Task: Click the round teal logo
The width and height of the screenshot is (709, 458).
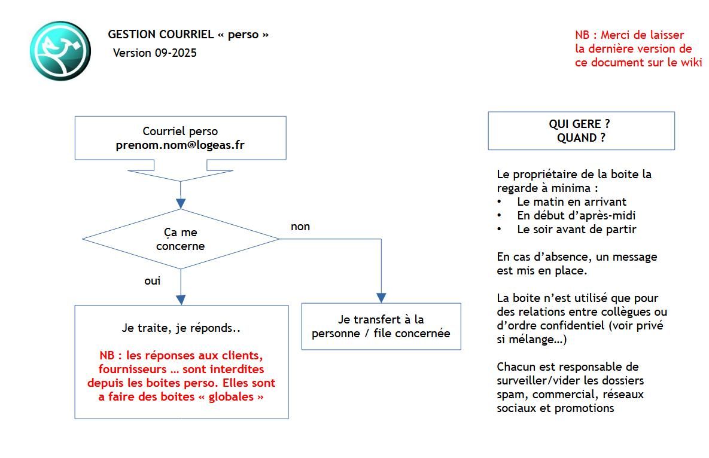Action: pyautogui.click(x=60, y=51)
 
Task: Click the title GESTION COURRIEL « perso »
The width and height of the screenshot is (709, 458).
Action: pyautogui.click(x=188, y=35)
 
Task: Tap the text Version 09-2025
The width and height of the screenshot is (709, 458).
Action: pyautogui.click(x=155, y=53)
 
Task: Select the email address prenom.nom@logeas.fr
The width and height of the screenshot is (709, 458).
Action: pyautogui.click(x=180, y=145)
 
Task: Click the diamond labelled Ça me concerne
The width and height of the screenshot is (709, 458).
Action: pyautogui.click(x=180, y=239)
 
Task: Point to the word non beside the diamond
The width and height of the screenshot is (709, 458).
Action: pyautogui.click(x=300, y=227)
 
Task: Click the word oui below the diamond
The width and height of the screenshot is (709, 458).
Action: pyautogui.click(x=153, y=280)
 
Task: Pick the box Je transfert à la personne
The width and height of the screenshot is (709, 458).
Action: pyautogui.click(x=381, y=326)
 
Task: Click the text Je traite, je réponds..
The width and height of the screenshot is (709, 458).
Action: pyautogui.click(x=181, y=328)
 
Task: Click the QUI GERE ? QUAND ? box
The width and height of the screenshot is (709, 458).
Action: pyautogui.click(x=580, y=130)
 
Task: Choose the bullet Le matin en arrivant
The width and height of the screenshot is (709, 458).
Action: pyautogui.click(x=571, y=201)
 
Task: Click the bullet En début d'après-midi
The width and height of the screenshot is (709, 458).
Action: pyautogui.click(x=576, y=215)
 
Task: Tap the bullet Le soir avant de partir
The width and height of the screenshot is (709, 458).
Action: pyautogui.click(x=576, y=229)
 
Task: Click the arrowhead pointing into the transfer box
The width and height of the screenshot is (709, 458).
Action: pyautogui.click(x=381, y=298)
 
